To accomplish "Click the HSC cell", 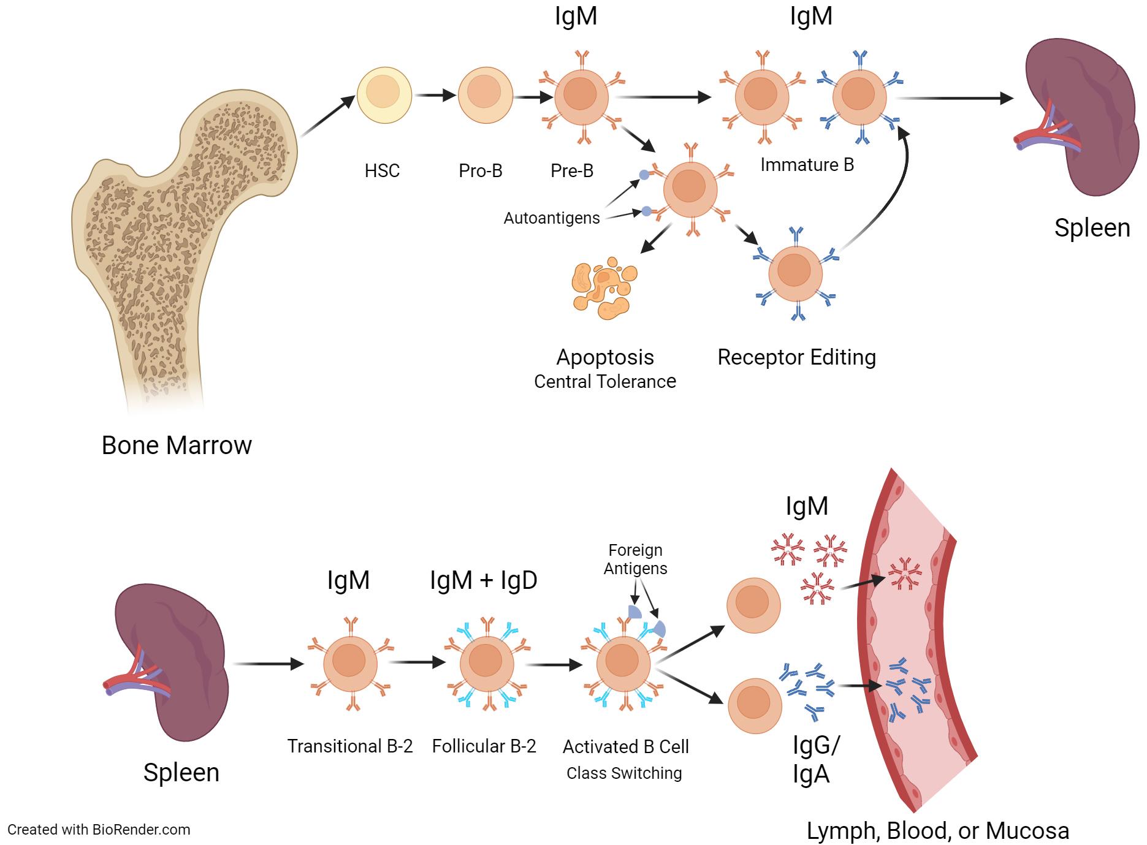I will coord(383,95).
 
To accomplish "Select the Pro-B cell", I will coord(484,95).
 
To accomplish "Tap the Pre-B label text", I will coord(572,170).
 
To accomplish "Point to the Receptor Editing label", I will coord(796,357).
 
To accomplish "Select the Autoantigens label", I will coord(552,218).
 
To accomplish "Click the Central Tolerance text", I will coord(605,382).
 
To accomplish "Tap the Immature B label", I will coord(807,165).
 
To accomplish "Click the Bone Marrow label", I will coord(177,445).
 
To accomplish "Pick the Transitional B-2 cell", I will coord(350,663).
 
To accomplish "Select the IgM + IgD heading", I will coord(484,580).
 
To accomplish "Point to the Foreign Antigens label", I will coord(635,559).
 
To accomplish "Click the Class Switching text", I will coord(624,773).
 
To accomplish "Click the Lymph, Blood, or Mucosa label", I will coord(937,832).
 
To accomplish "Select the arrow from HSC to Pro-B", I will coord(435,96).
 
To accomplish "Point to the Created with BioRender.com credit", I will coord(99,830).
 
